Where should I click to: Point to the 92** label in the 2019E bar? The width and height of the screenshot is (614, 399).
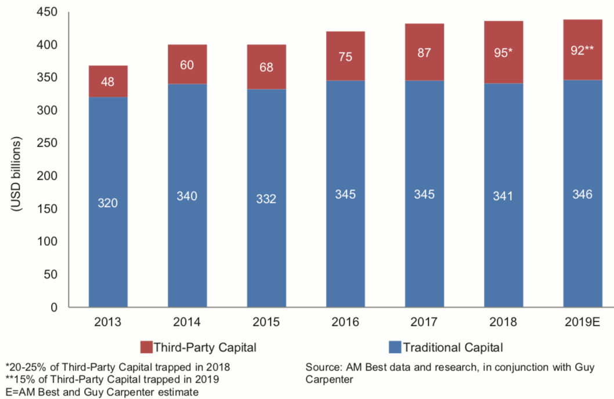(582, 50)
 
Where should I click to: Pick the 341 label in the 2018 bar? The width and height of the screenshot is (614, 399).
(503, 197)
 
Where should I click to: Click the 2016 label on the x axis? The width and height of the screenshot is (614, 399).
(345, 322)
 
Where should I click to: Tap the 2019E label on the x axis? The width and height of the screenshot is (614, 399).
(582, 322)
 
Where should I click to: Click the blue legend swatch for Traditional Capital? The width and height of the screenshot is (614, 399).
(395, 348)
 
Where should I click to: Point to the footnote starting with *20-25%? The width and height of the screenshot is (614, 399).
(117, 367)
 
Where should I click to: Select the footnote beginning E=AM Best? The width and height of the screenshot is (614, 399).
(102, 393)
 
